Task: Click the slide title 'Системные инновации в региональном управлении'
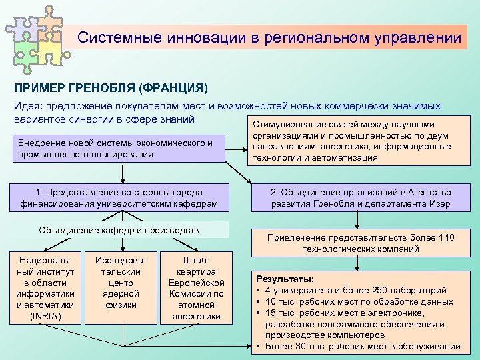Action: click(269, 37)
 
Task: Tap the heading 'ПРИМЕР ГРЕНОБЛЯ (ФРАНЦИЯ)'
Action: click(111, 87)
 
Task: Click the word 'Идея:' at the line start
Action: click(29, 106)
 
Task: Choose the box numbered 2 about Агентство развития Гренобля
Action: click(360, 197)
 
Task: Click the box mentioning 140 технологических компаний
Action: click(360, 243)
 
